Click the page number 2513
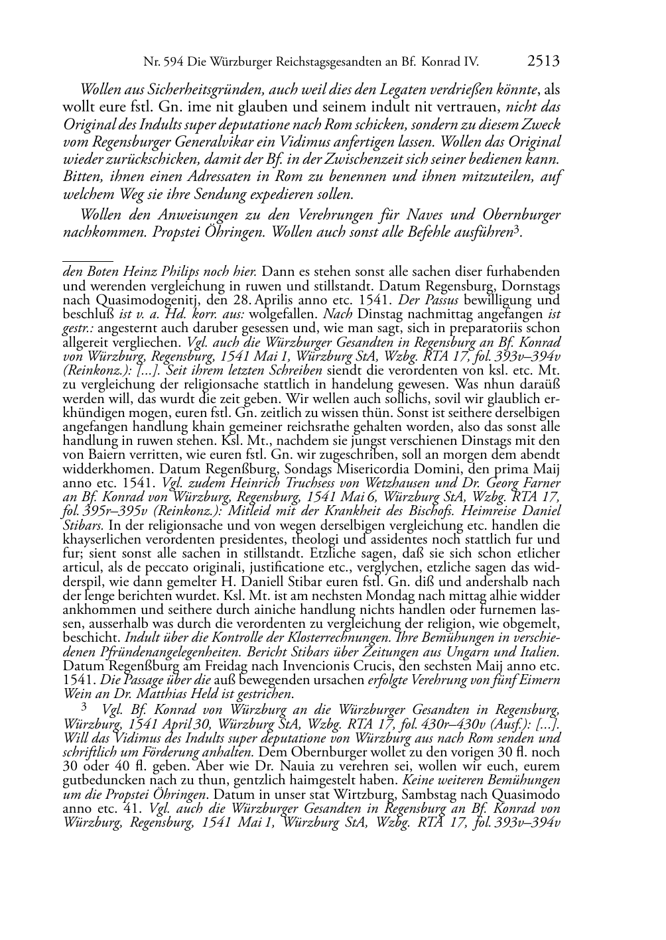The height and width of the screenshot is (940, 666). click(544, 62)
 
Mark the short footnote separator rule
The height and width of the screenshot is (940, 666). click(87, 253)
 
